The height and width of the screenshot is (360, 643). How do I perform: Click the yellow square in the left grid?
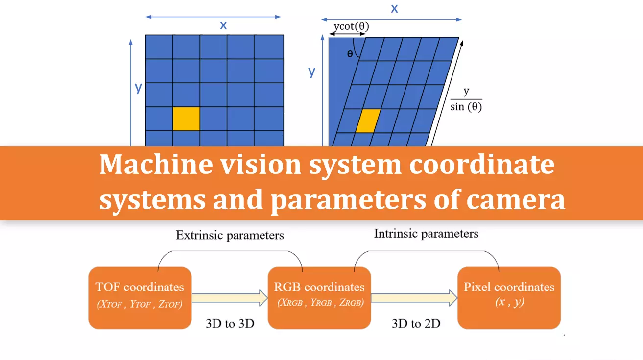186,119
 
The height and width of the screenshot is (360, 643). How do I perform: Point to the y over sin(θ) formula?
466,99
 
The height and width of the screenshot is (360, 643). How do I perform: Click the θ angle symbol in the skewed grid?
350,54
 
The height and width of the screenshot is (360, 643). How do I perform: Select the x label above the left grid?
223,25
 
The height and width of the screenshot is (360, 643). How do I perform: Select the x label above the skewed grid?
394,8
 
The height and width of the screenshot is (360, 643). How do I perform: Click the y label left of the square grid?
138,88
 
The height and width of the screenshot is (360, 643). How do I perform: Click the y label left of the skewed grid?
311,72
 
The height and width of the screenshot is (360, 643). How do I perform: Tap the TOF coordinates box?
140,297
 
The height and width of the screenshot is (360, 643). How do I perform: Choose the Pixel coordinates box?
509,297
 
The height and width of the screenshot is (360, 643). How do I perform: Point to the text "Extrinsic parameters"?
230,235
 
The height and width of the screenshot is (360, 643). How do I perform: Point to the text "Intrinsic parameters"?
426,234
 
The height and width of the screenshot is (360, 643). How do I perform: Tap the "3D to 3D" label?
230,324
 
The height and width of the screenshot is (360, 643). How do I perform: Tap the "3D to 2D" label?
415,324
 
